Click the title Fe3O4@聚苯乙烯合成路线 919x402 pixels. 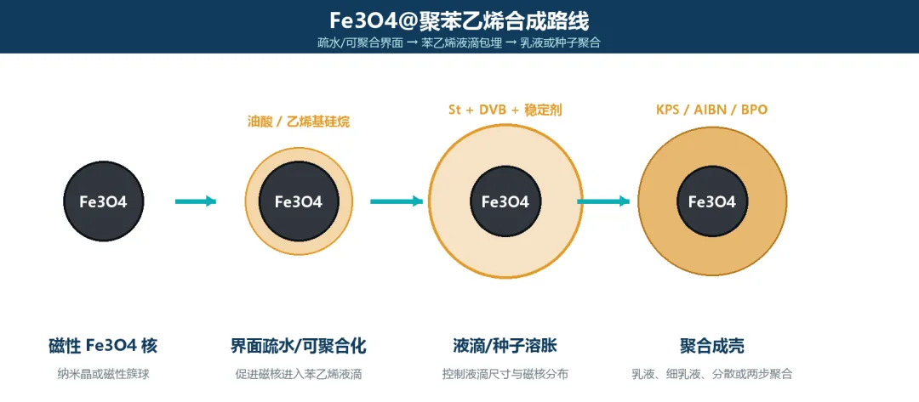click(459, 20)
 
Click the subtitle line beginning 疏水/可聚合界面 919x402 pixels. click(459, 42)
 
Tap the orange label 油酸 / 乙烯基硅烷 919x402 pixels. click(299, 122)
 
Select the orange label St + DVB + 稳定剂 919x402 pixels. click(505, 110)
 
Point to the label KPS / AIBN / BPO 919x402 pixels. click(712, 110)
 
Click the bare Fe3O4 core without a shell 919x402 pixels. click(103, 201)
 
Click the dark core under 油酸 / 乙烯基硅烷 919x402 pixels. click(299, 201)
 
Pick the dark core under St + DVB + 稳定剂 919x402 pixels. click(505, 201)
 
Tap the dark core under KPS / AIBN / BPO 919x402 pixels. click(712, 201)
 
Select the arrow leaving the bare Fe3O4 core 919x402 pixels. click(196, 201)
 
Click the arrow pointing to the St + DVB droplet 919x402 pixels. click(397, 201)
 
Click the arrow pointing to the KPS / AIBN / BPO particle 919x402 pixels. click(603, 201)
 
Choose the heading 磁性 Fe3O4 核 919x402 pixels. click(103, 346)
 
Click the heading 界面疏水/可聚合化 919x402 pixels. click(299, 346)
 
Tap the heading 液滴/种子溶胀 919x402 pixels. click(505, 346)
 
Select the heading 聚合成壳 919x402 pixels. click(712, 346)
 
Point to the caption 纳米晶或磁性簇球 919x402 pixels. click(103, 374)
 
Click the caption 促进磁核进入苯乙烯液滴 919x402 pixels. click(299, 374)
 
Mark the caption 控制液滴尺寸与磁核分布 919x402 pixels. click(505, 374)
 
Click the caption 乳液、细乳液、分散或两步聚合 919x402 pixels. click(712, 374)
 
